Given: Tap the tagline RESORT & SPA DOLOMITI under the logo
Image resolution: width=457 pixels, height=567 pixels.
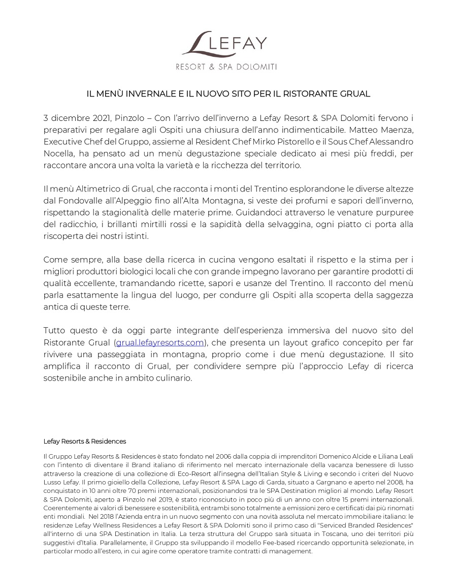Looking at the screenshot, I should (226, 67).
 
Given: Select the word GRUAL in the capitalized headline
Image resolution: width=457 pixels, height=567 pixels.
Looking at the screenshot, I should (356, 94).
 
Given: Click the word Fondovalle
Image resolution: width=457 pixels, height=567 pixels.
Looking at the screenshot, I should (83, 201).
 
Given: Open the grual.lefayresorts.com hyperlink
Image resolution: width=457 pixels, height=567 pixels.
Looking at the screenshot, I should (160, 342).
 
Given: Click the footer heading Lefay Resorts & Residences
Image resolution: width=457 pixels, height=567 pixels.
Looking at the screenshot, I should (85, 441).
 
